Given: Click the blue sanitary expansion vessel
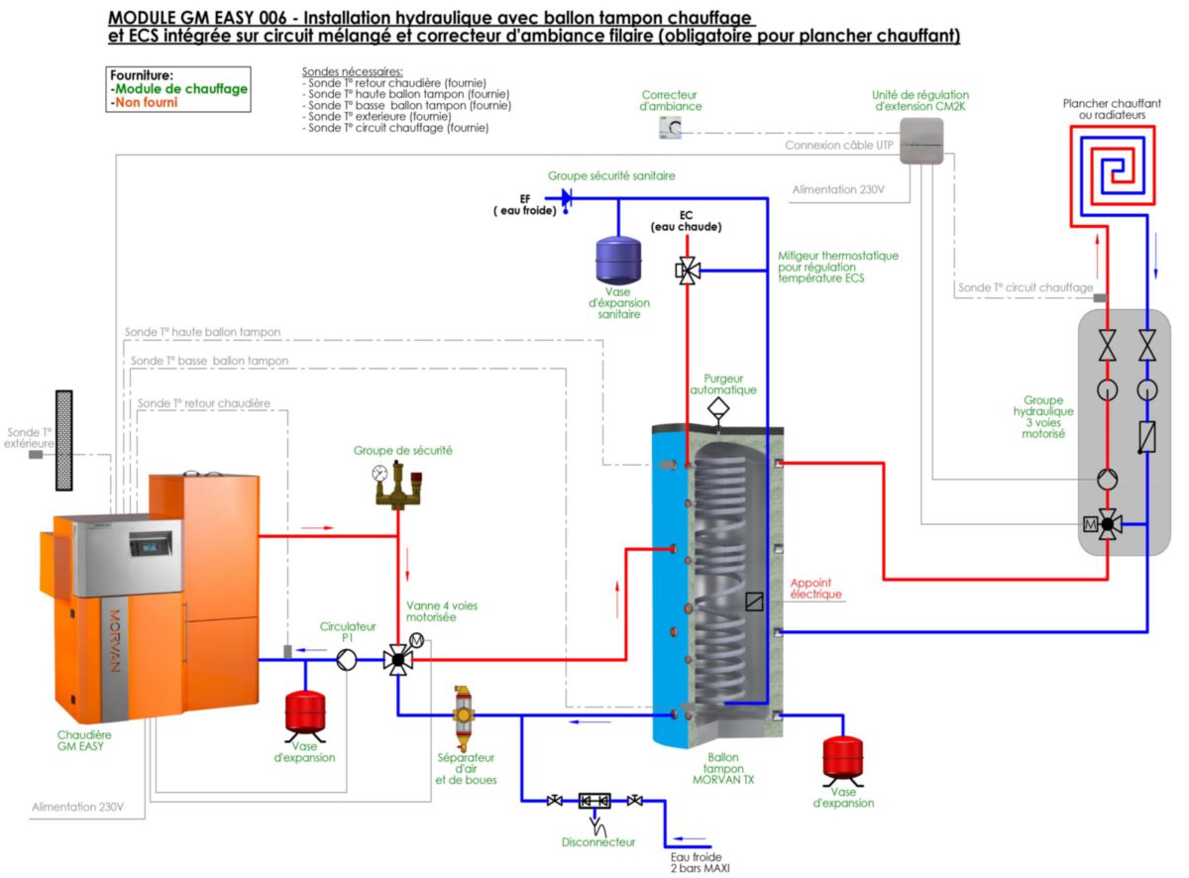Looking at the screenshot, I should (x=618, y=261).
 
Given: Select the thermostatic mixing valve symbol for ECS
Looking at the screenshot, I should (x=688, y=270).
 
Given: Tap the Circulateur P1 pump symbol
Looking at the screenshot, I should (x=345, y=660).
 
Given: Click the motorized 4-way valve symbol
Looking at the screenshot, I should (x=398, y=660).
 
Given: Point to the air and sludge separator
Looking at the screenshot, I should (x=463, y=715).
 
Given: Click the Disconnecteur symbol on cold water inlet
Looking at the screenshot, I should (x=594, y=802).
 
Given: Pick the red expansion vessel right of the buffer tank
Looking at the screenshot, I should (x=843, y=757).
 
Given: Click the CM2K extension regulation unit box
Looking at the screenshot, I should (x=921, y=138).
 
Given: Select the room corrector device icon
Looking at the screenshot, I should (x=671, y=127).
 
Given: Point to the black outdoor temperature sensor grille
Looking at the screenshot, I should (x=64, y=440).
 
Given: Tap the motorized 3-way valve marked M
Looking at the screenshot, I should (x=1108, y=524).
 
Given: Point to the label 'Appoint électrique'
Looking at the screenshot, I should (x=816, y=588).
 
